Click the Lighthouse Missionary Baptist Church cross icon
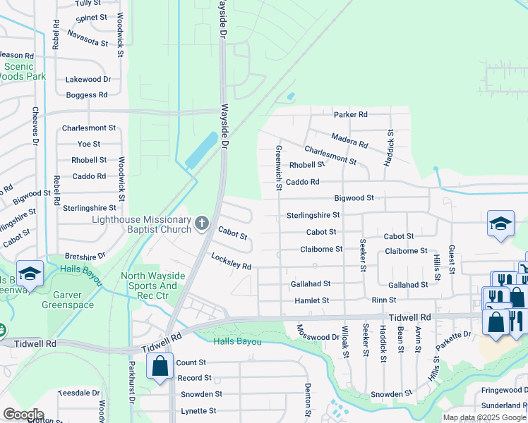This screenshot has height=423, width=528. point(202,224)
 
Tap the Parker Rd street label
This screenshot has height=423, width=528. point(351,114)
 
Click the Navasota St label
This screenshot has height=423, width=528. point(88,37)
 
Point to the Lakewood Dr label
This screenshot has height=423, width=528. point(88,80)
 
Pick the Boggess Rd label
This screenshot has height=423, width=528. point(86,94)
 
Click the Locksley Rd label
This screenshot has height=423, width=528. point(232,262)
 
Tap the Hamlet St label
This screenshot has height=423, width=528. point(311,300)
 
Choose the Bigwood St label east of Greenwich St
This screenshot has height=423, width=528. point(354,199)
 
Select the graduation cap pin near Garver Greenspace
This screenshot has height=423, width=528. point(30,274)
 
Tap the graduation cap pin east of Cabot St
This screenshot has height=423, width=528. point(500,225)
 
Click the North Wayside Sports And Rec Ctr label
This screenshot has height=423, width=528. point(149,286)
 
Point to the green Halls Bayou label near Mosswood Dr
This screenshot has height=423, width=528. point(238,342)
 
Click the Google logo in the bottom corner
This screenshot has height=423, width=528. point(23,415)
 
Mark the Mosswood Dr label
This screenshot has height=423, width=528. point(318,332)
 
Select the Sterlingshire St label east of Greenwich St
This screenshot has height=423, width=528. point(313,215)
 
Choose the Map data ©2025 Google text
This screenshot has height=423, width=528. point(484,417)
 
